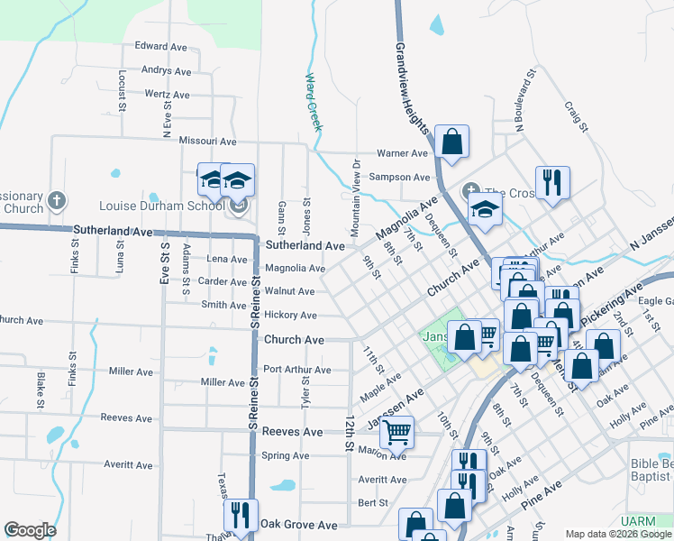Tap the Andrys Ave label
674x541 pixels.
click(x=166, y=70)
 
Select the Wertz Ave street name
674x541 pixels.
click(x=167, y=95)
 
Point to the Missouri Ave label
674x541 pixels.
click(x=207, y=142)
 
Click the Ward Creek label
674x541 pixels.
click(x=313, y=102)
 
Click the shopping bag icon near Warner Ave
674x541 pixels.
click(x=452, y=142)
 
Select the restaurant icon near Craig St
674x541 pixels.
click(x=552, y=182)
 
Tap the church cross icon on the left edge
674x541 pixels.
click(x=56, y=199)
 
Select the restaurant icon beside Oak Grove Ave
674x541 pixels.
click(x=241, y=516)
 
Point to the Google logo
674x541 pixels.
click(x=30, y=530)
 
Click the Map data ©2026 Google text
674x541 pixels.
click(x=617, y=534)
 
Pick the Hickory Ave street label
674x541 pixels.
click(x=290, y=316)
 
